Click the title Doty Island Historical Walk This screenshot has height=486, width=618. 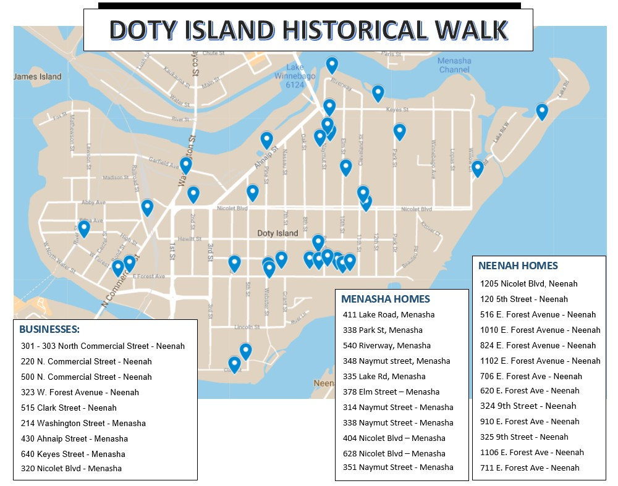(308, 30)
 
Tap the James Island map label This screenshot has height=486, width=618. (38, 77)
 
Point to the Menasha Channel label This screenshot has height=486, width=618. (454, 65)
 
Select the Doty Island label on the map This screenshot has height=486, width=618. (277, 233)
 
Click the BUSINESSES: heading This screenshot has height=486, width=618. (49, 329)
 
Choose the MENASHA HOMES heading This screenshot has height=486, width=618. (386, 299)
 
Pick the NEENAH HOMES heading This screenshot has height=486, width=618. (518, 266)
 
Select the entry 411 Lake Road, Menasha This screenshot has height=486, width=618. (389, 314)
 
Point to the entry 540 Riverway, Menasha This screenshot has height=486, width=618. (387, 345)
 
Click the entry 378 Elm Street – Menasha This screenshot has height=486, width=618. (391, 392)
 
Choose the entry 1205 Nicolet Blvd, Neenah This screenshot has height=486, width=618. (529, 283)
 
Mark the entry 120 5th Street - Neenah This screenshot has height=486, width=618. (524, 299)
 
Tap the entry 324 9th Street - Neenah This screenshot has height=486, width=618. (528, 406)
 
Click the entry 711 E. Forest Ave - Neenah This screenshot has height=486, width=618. (530, 467)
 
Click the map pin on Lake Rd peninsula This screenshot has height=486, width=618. (542, 111)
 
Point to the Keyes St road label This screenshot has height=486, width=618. (397, 110)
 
